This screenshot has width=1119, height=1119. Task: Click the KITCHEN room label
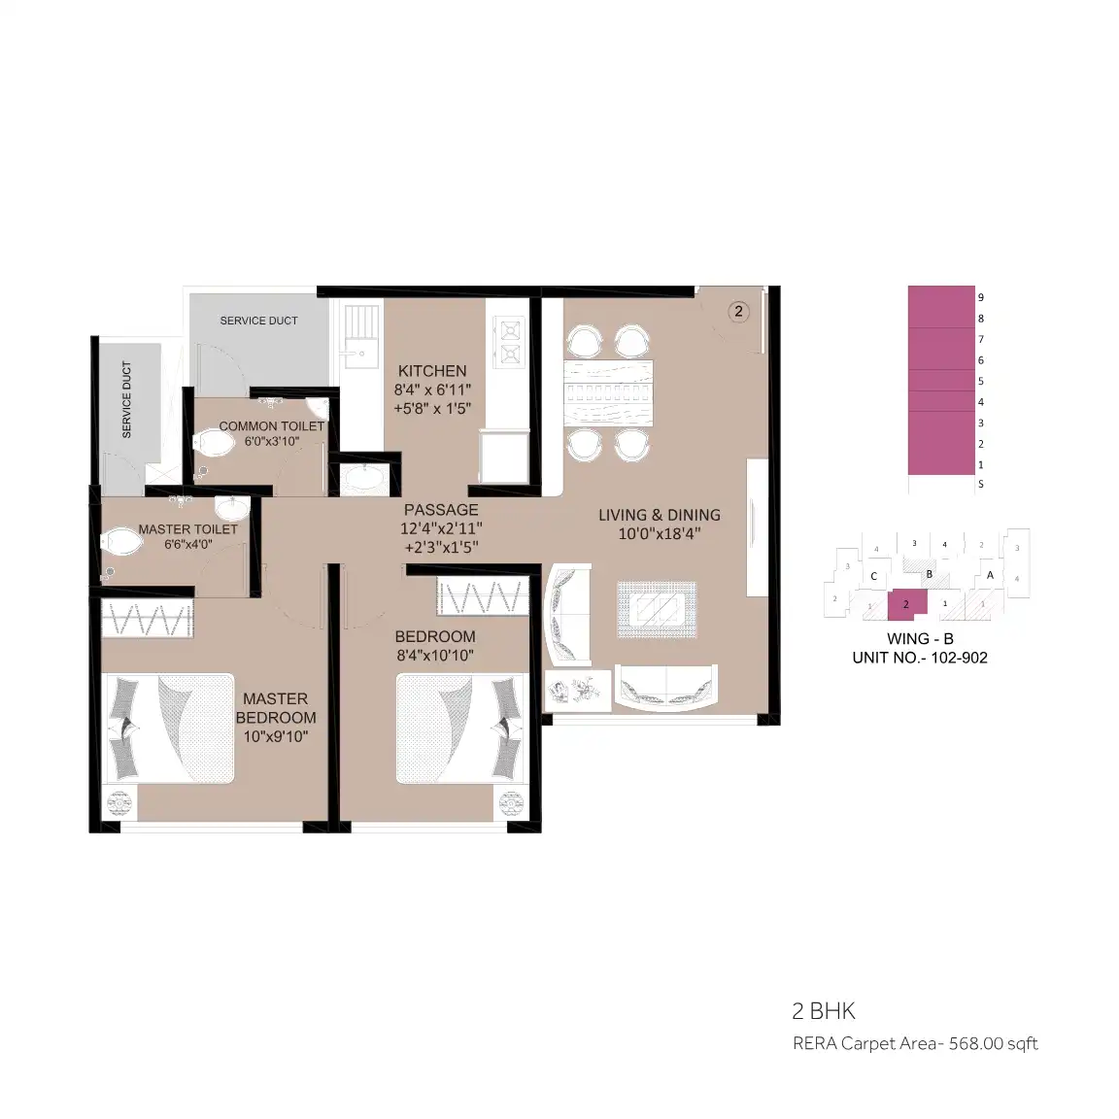tap(432, 371)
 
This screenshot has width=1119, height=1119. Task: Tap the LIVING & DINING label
tap(660, 515)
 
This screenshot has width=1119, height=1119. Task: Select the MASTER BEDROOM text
tap(276, 708)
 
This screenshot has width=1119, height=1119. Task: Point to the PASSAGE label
tap(441, 510)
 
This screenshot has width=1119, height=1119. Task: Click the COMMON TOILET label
tap(272, 426)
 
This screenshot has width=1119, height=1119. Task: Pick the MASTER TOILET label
tap(187, 528)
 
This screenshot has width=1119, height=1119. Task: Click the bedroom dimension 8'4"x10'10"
tap(435, 655)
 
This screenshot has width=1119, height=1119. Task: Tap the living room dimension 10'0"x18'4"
tap(660, 533)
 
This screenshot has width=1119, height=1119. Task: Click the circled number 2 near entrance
tap(738, 311)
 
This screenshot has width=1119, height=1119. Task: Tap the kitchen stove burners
tap(510, 342)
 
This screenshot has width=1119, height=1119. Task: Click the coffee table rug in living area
tap(658, 609)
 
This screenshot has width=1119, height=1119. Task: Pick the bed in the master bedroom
tap(170, 728)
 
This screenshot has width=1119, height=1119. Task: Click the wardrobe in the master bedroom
tap(148, 618)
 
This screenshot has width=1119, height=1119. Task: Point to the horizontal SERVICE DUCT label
tap(259, 321)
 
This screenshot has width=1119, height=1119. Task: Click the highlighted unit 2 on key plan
tap(906, 604)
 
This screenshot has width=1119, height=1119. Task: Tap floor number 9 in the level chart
tap(980, 297)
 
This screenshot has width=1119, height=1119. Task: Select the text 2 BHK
tap(824, 1010)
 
